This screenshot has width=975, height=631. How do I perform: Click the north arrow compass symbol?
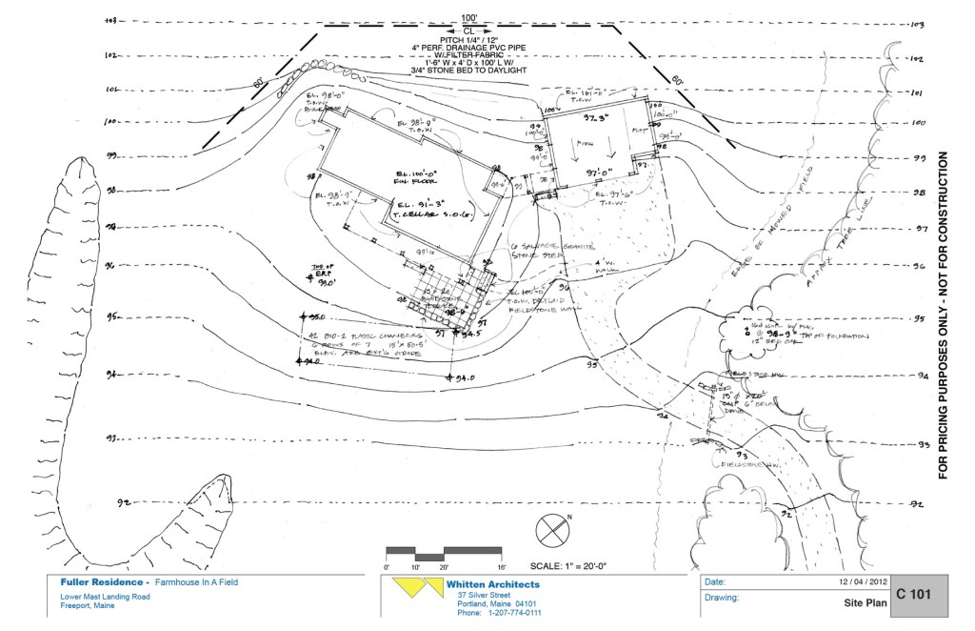551,526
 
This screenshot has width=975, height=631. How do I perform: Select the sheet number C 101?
917,595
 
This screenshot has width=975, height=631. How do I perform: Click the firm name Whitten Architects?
493,584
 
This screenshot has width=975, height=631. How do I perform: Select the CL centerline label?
468,30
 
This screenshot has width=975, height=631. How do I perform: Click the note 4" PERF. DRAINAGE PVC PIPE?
468,48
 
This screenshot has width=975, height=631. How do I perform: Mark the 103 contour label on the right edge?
918,25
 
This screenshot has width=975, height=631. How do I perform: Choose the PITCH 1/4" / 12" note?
468,39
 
